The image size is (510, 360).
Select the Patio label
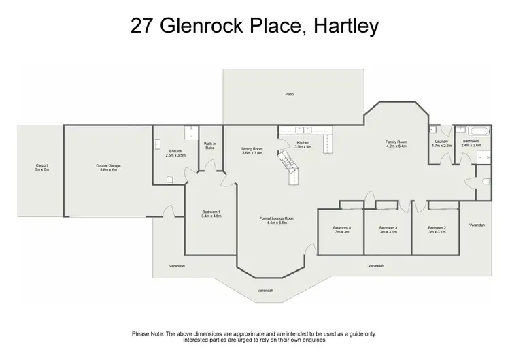(x=289, y=95)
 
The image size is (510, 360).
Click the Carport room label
(x=41, y=165)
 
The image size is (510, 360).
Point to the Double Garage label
(x=106, y=165)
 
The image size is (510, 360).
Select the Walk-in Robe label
(x=210, y=146)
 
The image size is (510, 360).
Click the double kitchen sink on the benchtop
(x=303, y=129)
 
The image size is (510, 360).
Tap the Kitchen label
(x=303, y=142)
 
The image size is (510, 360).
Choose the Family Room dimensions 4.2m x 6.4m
(x=396, y=146)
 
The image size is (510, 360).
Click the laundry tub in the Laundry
(x=433, y=131)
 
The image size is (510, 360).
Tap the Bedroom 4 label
(x=341, y=227)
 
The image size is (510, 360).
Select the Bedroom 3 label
(x=388, y=227)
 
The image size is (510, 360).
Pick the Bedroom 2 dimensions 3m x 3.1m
(x=437, y=232)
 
